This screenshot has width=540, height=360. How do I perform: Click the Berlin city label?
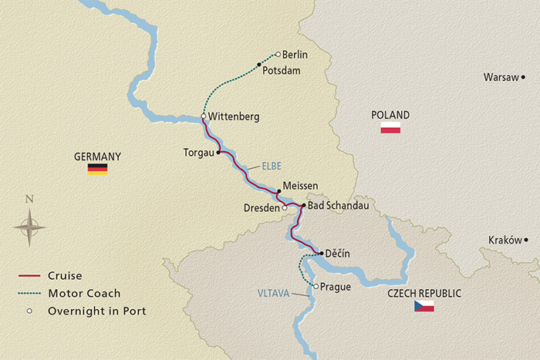(x=295, y=55)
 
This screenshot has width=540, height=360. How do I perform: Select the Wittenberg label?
(x=234, y=116)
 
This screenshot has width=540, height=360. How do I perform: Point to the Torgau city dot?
(x=219, y=153)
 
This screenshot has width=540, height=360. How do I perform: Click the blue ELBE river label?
(x=270, y=166)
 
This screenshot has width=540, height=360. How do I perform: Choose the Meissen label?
(x=301, y=186)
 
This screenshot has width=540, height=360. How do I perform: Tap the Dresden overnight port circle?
(x=285, y=207)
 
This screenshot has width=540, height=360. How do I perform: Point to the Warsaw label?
(x=501, y=77)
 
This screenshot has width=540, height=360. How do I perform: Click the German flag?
(x=97, y=169)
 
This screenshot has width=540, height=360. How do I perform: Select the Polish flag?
(x=390, y=128)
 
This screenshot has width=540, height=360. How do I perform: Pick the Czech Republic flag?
(x=424, y=306)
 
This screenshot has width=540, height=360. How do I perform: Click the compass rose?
(x=29, y=227)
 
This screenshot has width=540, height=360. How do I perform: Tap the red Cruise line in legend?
(x=29, y=275)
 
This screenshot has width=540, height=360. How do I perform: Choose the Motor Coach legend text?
(x=85, y=293)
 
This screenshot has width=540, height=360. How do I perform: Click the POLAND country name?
(x=390, y=115)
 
